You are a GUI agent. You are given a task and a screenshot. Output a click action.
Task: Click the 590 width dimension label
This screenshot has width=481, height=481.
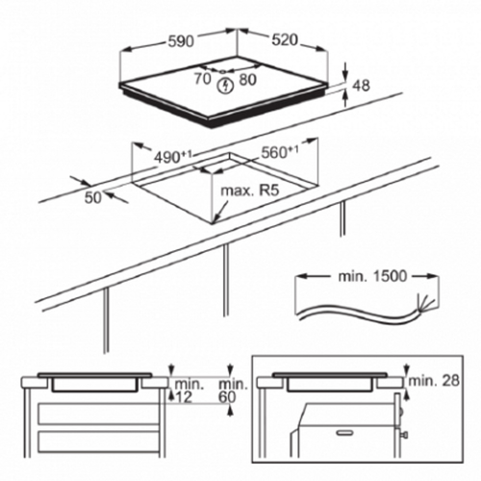182,41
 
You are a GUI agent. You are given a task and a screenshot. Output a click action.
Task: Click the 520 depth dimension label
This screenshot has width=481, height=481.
285,40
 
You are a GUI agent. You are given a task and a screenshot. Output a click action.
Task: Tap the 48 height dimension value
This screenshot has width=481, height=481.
361,86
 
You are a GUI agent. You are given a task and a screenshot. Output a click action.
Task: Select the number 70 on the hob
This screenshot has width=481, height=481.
203,79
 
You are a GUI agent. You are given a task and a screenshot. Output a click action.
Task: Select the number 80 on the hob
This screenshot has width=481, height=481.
248,80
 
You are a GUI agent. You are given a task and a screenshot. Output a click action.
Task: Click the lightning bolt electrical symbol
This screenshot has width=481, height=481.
226,87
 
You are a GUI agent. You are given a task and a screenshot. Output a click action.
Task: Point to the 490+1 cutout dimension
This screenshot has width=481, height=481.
173,157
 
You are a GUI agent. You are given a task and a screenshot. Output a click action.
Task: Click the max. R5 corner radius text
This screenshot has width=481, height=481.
250,190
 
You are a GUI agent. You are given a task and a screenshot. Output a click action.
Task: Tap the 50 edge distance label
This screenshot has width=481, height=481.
93,197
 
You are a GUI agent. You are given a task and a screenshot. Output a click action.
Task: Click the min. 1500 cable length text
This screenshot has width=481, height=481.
372,276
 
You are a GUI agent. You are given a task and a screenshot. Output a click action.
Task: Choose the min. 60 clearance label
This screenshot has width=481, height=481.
233,391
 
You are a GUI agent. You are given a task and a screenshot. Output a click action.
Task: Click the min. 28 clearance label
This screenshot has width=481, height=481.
434,381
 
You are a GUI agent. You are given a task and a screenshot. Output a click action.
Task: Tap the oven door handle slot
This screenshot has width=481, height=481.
348,433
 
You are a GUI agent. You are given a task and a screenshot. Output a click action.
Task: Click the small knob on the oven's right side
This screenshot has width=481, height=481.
405,435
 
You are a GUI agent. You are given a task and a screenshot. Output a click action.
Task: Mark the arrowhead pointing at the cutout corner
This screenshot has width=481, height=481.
217,218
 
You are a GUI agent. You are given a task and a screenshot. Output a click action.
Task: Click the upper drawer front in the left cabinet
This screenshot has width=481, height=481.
99,414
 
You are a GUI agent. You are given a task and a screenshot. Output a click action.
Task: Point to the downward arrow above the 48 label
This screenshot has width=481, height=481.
345,70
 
